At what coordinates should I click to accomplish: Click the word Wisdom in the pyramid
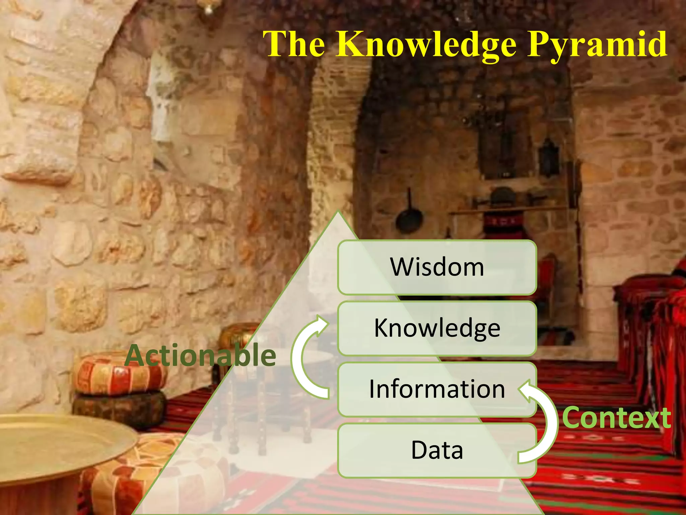pos(437,267)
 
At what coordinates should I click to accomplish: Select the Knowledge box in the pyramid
pos(437,328)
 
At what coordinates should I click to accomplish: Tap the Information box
pos(437,389)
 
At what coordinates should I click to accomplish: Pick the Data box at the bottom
pos(437,450)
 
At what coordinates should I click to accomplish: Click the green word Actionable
pos(200,355)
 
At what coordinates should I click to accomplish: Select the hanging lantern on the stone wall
pos(548,156)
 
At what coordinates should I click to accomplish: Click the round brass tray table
pos(60,439)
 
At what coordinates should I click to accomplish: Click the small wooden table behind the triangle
pos(268,402)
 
